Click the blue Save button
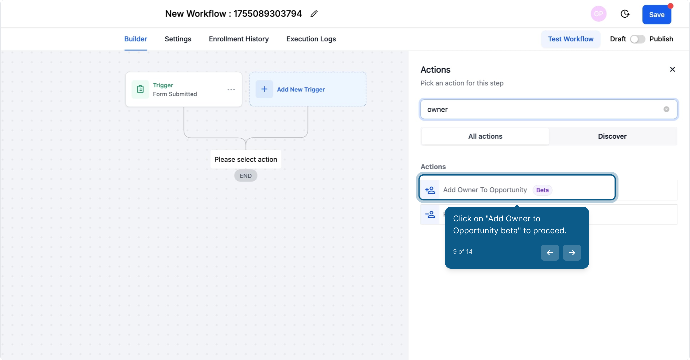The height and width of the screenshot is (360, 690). click(656, 15)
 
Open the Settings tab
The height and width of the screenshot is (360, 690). click(178, 39)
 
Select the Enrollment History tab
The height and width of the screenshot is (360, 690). click(239, 39)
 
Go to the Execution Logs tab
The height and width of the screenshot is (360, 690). click(311, 39)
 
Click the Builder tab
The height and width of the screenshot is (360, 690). click(136, 39)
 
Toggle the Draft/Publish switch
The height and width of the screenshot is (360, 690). click(637, 39)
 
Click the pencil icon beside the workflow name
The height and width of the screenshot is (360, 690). click(314, 14)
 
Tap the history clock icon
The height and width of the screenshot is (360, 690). click(625, 14)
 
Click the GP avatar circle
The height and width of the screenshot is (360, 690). click(598, 14)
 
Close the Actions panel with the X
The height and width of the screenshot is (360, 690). click(672, 69)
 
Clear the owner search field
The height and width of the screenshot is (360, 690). click(666, 109)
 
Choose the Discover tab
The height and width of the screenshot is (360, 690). click(612, 136)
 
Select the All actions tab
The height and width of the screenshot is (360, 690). click(485, 136)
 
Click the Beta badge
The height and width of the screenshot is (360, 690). click(542, 190)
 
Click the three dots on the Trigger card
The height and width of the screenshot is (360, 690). click(231, 90)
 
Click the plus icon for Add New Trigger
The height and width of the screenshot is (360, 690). click(264, 89)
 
